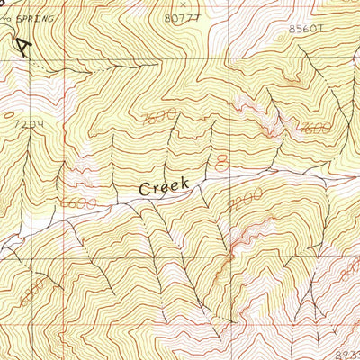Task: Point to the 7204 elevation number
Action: point(29,123)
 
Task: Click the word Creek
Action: point(164,186)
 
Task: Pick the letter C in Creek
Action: point(145,189)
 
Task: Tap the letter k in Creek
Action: point(184,183)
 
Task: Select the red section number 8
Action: point(222,161)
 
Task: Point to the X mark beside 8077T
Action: point(183,5)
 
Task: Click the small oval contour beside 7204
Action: point(9,114)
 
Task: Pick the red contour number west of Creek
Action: point(79,205)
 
